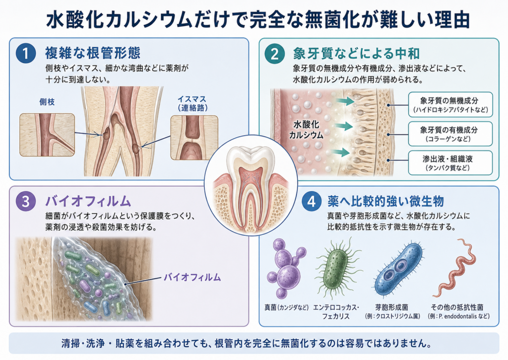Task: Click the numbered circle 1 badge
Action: coord(26,54)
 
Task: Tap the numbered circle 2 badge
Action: coord(274,54)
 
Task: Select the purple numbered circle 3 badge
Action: coord(26,202)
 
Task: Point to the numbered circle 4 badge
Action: coord(312,202)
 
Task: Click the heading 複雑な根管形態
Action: coord(93,53)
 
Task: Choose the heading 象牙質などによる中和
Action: coord(356,54)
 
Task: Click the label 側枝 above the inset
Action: coord(47,102)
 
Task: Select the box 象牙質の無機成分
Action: coord(450,104)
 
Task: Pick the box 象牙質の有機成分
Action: coord(450,134)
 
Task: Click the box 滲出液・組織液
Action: coord(450,163)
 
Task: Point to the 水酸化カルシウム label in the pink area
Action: coord(306,130)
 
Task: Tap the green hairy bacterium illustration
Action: coord(337,267)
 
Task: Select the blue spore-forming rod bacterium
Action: coord(398,270)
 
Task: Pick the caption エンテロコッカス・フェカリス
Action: coord(336,312)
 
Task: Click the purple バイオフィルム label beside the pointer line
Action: coord(192,277)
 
